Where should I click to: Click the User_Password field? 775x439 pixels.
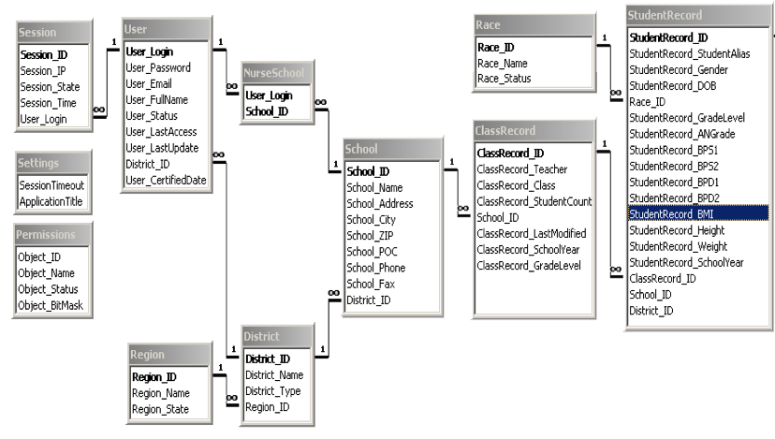158,68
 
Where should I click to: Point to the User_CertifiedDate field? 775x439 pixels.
166,180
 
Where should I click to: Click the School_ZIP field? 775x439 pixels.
371,236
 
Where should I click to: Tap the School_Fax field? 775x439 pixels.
371,284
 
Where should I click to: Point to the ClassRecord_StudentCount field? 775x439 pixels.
534,201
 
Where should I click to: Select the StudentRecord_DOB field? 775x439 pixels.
673,86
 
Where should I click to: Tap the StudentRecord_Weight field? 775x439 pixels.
678,246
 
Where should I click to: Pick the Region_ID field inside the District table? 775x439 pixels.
267,406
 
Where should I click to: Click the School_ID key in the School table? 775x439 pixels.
368,172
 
